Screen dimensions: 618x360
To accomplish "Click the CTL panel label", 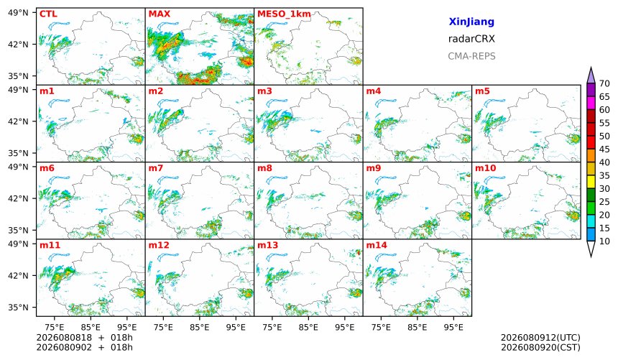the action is [x=48, y=14].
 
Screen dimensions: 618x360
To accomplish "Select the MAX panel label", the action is [x=160, y=14].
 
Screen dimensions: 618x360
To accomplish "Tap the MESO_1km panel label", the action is [x=284, y=14].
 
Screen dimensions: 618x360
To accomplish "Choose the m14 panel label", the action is [x=377, y=245].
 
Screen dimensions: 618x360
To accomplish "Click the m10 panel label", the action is [x=486, y=168].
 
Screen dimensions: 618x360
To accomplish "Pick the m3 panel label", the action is [x=264, y=91].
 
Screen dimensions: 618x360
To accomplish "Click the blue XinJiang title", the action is [x=471, y=22].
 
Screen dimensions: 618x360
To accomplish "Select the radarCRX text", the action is [x=471, y=39].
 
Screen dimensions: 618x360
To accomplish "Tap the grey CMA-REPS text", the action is [x=471, y=56].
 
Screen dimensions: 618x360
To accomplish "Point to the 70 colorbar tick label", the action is [x=604, y=83].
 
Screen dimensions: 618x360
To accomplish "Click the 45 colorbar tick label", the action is [x=604, y=149].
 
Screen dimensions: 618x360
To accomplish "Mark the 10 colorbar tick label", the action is [x=604, y=241].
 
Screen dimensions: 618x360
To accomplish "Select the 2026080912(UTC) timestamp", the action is [x=540, y=338].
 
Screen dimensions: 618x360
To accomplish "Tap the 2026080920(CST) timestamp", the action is [x=540, y=347].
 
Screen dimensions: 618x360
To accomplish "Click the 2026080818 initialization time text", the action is [x=64, y=338].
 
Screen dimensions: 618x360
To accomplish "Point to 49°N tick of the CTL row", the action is [x=18, y=13].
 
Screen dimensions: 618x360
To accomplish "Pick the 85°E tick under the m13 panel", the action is [x=308, y=327].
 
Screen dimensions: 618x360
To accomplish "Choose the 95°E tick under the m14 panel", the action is [x=453, y=327].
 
